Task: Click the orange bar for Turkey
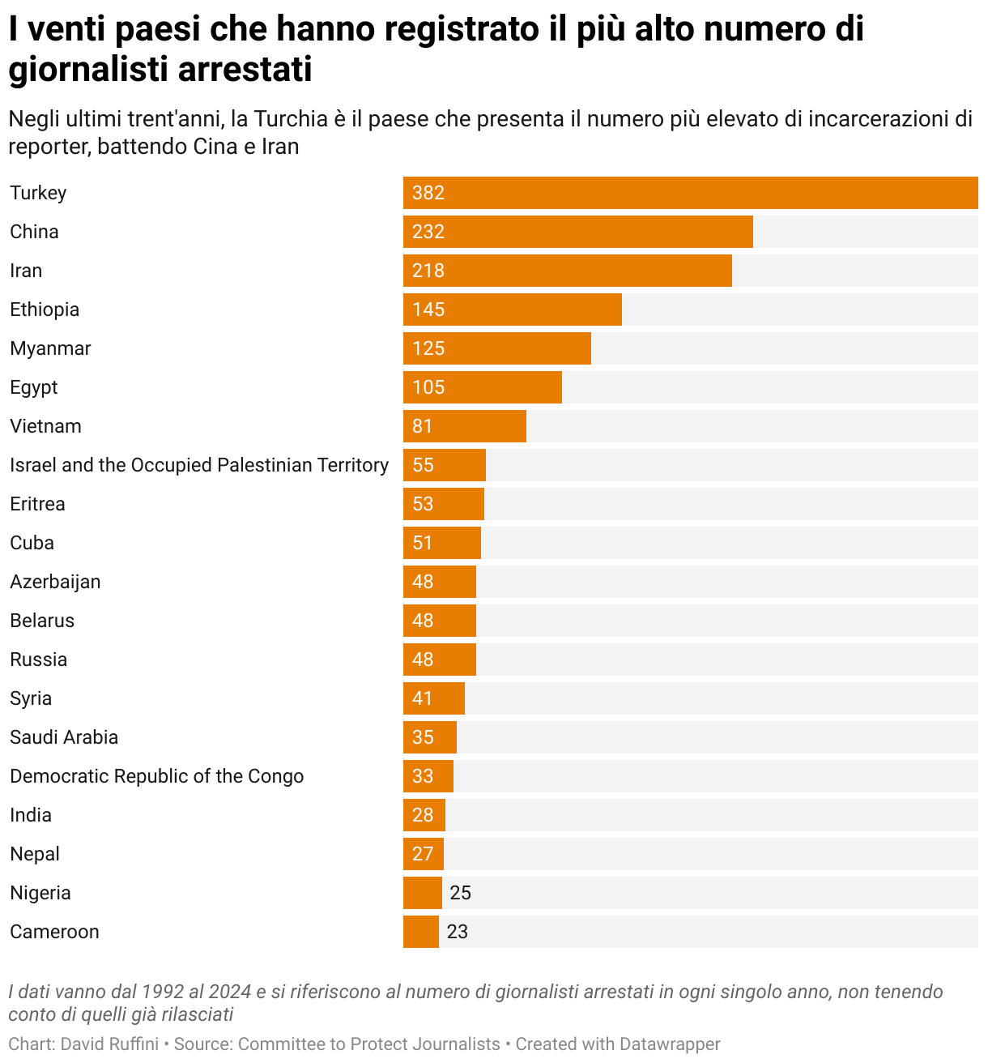pos(690,193)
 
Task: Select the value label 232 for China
pos(428,232)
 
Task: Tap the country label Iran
pos(26,271)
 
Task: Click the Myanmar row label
pos(50,348)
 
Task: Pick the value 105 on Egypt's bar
pos(428,387)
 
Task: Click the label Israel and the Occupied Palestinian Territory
pos(199,465)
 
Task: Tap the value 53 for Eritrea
pos(423,504)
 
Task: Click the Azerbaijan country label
pos(55,582)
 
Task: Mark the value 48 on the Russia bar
pos(423,660)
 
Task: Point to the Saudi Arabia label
pos(64,737)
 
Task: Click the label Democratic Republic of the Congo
pos(157,776)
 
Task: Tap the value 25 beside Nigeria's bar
pos(460,893)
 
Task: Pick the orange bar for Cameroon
pos(421,932)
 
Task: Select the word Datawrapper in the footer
pos(670,1044)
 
